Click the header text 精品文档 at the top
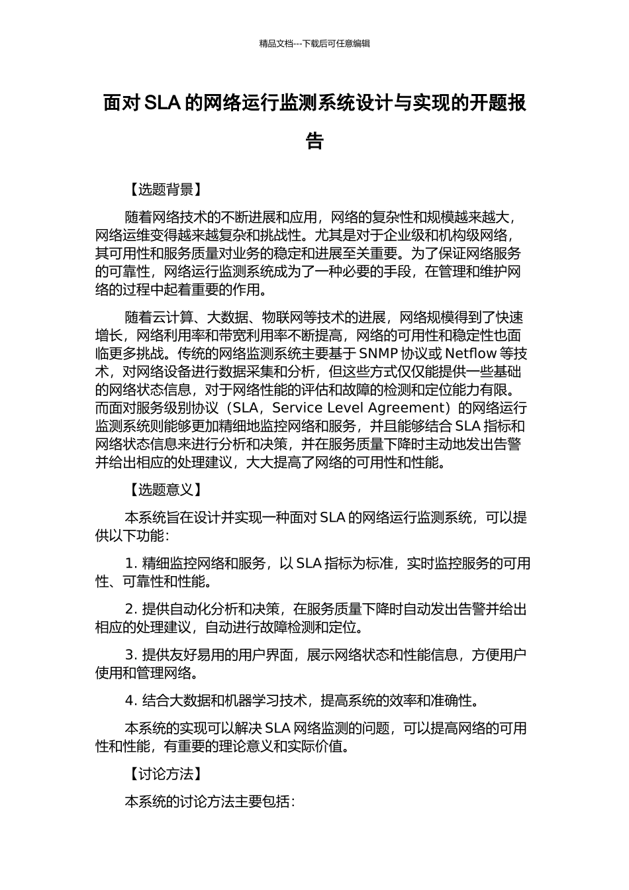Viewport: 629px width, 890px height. [276, 44]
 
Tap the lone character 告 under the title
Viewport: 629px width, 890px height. [314, 141]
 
